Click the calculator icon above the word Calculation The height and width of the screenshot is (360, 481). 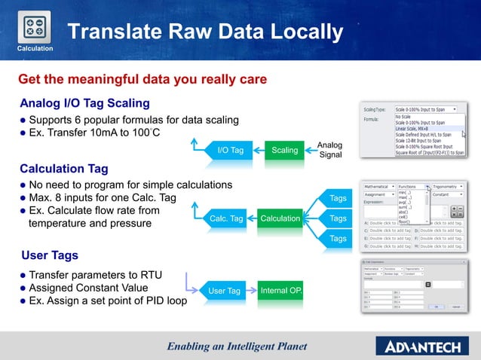coord(34,26)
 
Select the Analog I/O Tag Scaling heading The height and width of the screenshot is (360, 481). coord(84,103)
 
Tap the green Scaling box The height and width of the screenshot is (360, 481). coord(285,150)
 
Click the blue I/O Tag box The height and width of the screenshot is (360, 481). coord(230,150)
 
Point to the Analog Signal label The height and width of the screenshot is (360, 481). coord(330,150)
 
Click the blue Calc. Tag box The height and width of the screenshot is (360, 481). coord(226,218)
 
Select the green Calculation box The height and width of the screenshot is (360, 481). coord(280,218)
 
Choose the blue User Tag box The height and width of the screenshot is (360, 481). coord(224,291)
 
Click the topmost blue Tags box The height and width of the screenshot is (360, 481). coord(338,198)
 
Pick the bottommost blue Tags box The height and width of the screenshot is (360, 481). coord(338,239)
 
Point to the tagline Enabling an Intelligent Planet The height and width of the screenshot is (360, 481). coord(237,346)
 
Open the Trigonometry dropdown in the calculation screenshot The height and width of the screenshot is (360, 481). coord(451,185)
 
